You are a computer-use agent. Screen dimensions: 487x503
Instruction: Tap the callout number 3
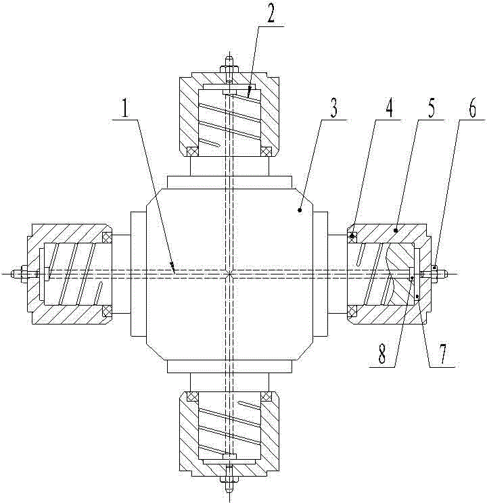point(334,108)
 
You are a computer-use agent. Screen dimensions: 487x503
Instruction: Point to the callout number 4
point(388,108)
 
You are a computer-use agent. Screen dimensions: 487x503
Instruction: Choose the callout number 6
point(472,108)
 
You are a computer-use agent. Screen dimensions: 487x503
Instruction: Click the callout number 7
point(442,354)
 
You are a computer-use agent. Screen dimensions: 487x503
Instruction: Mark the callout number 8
point(382,354)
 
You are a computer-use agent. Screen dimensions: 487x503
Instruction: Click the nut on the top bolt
point(229,69)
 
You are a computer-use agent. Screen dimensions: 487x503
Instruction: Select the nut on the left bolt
point(24,274)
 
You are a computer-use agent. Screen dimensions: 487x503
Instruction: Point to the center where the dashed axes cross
point(229,273)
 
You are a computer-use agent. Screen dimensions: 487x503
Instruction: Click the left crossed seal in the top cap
point(191,151)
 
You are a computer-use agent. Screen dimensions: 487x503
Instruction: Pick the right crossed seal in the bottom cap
point(266,397)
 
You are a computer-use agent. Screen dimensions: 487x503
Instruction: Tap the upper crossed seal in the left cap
point(107,237)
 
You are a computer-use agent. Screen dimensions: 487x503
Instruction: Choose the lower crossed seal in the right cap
point(352,310)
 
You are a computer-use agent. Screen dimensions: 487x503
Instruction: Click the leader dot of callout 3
point(300,210)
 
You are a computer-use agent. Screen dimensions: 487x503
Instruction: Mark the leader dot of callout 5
point(396,230)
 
